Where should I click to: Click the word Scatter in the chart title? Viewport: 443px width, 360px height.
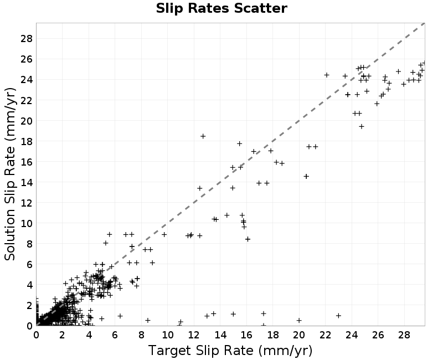(260, 8)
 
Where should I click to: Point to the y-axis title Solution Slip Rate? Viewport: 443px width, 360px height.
(10, 174)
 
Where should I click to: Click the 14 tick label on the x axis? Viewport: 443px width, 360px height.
(220, 335)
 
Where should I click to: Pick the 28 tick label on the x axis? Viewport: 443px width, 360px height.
(404, 335)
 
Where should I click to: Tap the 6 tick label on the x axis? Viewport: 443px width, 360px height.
(115, 335)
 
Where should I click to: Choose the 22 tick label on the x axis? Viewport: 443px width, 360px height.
(325, 335)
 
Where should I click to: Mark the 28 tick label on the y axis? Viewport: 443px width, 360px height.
(27, 39)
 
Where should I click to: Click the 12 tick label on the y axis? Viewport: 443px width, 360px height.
(27, 203)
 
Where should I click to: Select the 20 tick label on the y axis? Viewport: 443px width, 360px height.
(27, 121)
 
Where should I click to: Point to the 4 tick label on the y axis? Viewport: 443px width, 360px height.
(30, 285)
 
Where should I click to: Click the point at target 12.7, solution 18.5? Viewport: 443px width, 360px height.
(203, 136)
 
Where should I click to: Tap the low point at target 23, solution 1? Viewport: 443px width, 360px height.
(338, 315)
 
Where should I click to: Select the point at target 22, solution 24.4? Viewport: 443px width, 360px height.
(327, 75)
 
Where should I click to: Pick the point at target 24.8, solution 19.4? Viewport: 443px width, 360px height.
(362, 126)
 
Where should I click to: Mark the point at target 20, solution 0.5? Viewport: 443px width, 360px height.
(299, 320)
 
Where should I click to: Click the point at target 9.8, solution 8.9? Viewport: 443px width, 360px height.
(164, 234)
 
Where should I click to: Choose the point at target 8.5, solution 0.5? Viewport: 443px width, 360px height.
(147, 320)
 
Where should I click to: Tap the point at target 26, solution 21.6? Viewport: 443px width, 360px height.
(377, 104)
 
